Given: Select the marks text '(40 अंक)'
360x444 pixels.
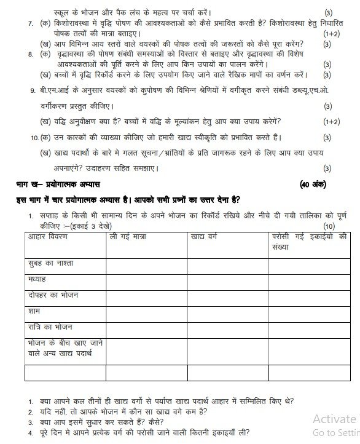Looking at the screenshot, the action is pos(313,184).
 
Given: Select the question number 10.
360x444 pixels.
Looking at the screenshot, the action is pos(33,137).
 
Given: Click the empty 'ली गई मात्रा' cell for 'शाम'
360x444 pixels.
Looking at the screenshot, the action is pos(146,311).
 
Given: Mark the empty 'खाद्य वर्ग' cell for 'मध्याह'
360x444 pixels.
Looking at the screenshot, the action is pos(227,280).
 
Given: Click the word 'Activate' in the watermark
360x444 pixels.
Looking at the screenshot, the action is pos(334,419).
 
